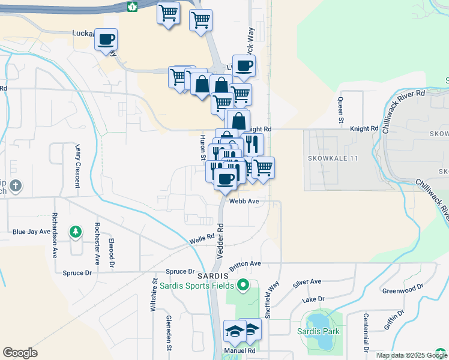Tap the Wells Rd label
tap(202, 239)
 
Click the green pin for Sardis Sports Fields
tap(243, 285)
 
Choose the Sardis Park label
tap(318, 331)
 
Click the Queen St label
tap(340, 107)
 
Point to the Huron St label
tap(202, 147)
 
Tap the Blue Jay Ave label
tap(32, 232)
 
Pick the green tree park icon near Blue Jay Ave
tap(75, 231)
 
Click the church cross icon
tap(15, 186)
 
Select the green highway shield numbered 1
tap(132, 6)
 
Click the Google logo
tap(20, 353)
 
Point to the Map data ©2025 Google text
tap(411, 355)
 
